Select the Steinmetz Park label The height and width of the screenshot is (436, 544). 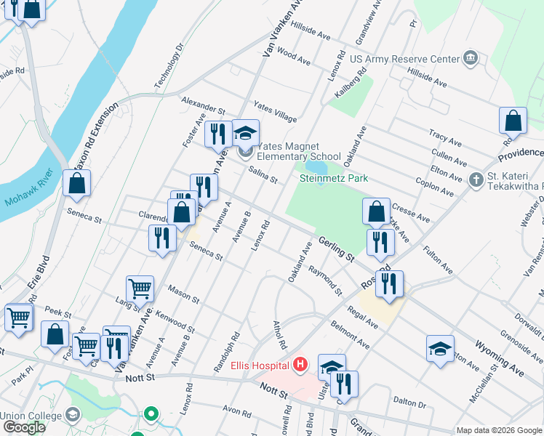click(x=334, y=178)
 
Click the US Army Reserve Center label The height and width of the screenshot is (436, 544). click(x=404, y=59)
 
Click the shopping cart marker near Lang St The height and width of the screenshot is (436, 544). click(x=140, y=288)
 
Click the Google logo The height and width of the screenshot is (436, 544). click(x=24, y=427)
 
